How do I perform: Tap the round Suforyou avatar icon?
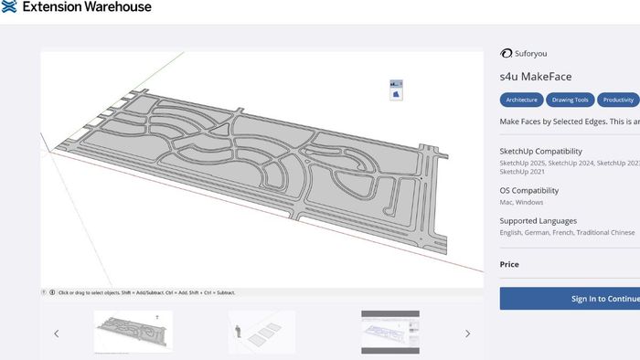point(506,54)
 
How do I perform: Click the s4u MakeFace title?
point(536,77)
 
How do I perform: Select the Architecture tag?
point(522,100)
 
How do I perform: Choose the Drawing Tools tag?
point(571,100)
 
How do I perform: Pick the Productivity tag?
point(619,100)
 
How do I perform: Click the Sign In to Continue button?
point(585,299)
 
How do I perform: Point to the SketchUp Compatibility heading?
point(540,151)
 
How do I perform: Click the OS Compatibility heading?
point(529,190)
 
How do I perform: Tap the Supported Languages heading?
point(538,221)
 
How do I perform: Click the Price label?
point(509,264)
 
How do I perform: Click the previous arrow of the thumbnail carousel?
point(56,334)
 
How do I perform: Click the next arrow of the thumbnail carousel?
point(468,334)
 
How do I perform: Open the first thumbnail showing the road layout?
point(133,332)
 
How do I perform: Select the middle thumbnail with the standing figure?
point(261,332)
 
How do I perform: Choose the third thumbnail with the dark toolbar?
point(390,332)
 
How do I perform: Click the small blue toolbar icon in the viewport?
point(396,90)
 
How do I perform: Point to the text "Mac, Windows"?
point(521,202)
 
